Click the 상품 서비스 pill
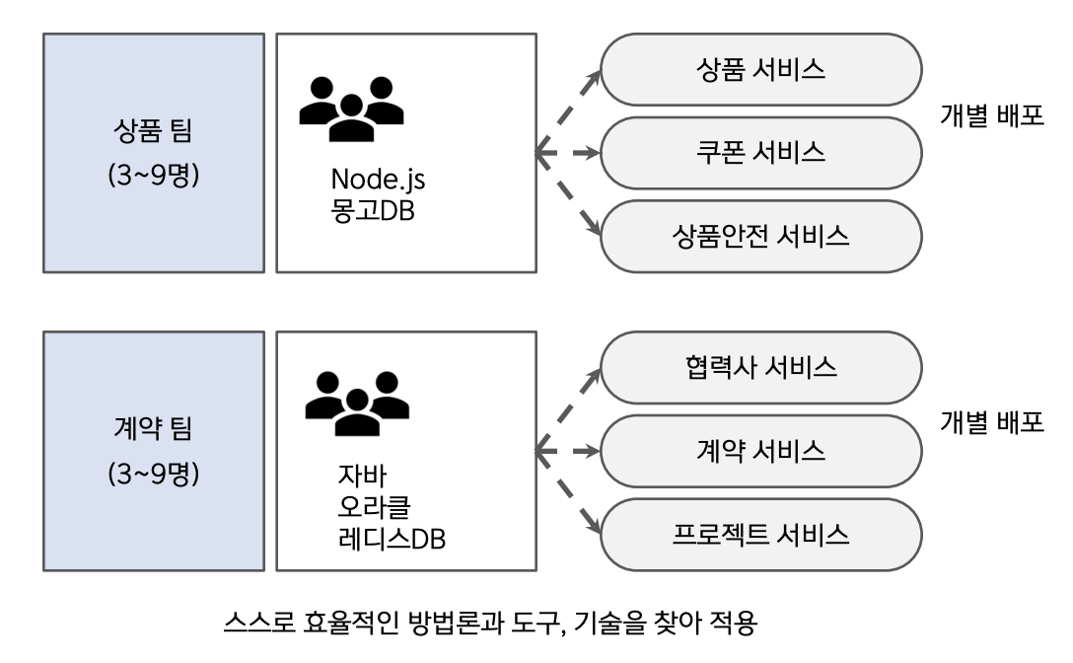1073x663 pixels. (760, 70)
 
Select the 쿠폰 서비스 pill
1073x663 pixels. (760, 153)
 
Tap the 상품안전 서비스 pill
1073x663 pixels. (760, 237)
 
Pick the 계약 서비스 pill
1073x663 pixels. (760, 452)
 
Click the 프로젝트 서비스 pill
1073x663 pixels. (760, 536)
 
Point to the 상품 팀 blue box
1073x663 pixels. (154, 153)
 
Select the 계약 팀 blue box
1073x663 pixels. (154, 452)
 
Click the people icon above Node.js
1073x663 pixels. (352, 108)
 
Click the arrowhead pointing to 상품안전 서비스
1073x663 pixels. (594, 229)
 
